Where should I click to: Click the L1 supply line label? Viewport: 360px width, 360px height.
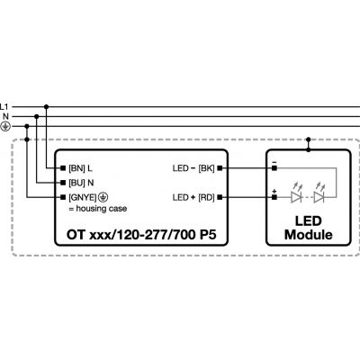4,107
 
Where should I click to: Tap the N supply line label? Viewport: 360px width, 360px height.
6,117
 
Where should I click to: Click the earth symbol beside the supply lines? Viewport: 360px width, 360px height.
5,127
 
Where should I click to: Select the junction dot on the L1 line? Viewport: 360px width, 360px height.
46,107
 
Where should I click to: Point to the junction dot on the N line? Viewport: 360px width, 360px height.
37,116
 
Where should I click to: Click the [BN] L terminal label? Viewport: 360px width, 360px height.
80,168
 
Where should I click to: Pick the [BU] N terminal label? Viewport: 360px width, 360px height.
81,183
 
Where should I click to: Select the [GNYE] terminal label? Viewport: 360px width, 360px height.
83,197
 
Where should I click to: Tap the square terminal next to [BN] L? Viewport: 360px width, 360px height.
63,168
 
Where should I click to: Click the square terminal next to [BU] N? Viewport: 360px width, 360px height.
63,183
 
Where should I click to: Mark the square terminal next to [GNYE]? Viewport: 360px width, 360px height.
63,197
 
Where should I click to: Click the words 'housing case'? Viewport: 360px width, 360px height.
102,209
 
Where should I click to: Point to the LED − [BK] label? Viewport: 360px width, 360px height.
193,168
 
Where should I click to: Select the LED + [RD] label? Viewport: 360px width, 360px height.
193,197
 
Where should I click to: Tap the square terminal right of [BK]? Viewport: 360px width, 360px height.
220,168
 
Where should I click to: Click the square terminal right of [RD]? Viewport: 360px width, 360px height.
220,197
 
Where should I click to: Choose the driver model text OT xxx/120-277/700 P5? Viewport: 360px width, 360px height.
141,235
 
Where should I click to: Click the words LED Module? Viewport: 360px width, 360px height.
309,228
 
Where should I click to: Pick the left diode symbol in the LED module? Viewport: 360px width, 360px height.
296,197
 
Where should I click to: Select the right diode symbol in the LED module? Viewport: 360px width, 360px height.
319,197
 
